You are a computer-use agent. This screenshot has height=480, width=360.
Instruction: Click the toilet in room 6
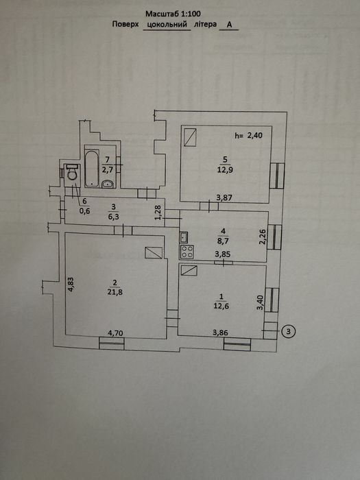point(73,172)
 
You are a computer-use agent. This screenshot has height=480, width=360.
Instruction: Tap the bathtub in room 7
point(92,168)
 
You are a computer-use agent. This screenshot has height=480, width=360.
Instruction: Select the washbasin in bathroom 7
point(107,184)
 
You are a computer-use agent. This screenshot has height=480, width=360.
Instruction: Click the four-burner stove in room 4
point(187,252)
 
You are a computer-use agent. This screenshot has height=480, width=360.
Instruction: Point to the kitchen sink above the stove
point(184,237)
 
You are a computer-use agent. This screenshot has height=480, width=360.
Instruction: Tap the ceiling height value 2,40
point(248,135)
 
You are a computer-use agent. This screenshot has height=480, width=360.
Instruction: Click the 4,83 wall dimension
point(71,285)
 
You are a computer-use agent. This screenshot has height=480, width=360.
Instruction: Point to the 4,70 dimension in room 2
point(116,333)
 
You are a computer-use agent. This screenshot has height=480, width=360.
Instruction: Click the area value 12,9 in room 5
point(226,170)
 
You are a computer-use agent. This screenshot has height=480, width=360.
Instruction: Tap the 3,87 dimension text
point(224,197)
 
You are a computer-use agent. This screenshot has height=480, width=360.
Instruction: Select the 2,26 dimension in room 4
point(263,237)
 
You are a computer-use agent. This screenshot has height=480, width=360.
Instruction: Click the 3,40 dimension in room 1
point(260,303)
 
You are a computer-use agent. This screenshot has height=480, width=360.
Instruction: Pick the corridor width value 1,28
point(158,213)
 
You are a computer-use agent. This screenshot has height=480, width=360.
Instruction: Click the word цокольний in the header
point(167,25)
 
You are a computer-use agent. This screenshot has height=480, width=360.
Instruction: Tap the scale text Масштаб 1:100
point(173,14)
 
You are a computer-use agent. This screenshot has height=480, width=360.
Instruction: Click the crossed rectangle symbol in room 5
point(191,137)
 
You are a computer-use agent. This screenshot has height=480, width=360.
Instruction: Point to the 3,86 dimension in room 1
point(220,333)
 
